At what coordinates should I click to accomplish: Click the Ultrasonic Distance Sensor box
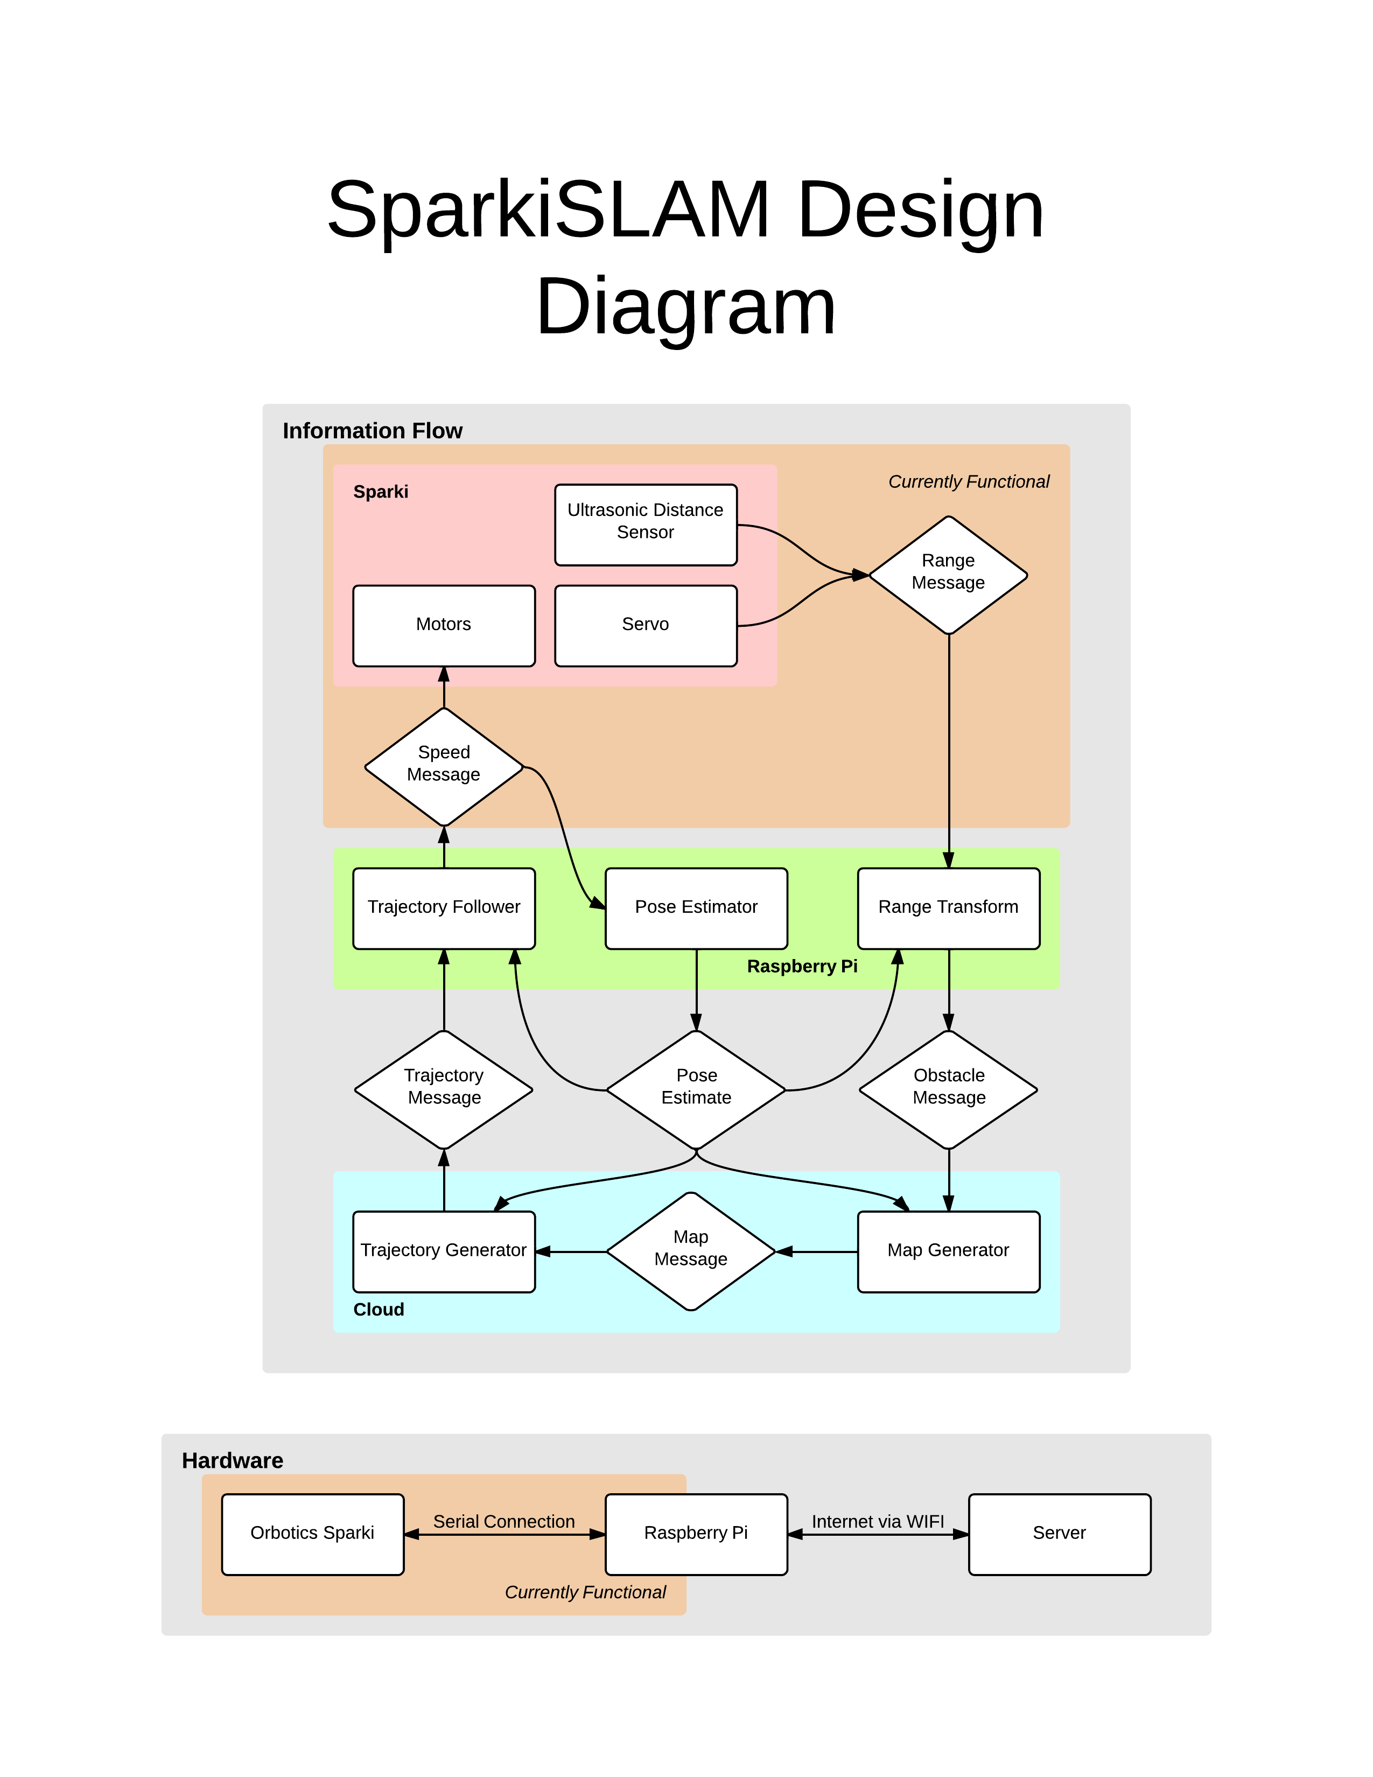[645, 525]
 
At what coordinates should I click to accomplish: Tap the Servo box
[645, 625]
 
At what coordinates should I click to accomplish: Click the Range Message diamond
[948, 575]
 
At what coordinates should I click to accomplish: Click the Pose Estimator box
[696, 907]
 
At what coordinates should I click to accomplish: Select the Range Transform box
[948, 907]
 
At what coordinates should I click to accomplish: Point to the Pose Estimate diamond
[696, 1089]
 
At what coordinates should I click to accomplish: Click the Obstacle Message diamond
[948, 1089]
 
